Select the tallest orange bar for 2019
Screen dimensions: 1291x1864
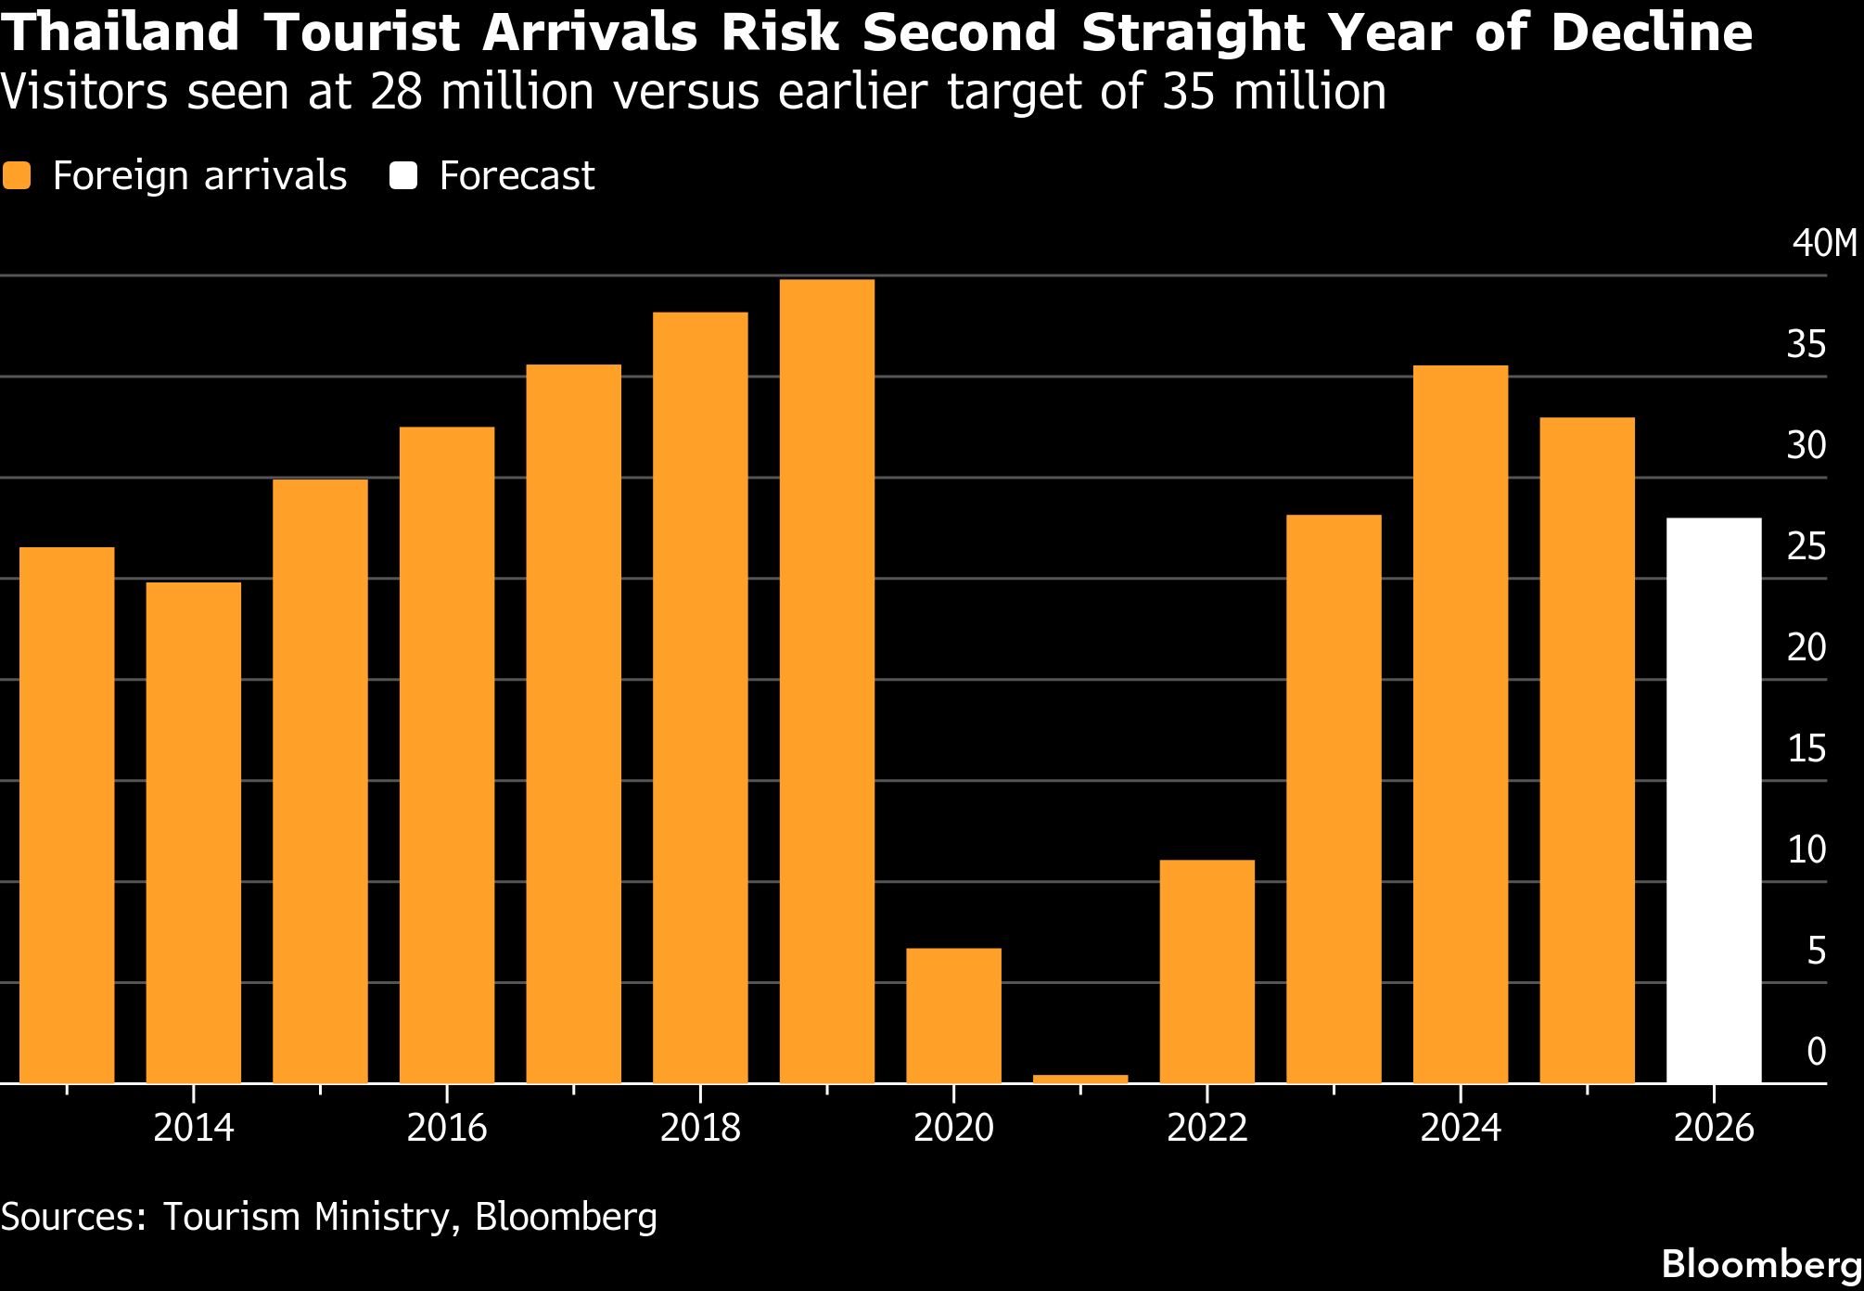pos(827,681)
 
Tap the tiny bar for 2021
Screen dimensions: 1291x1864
pos(1080,1079)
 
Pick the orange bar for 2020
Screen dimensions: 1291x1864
pos(953,1015)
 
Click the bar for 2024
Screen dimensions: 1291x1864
pos(1461,723)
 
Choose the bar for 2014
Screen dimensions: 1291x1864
pos(194,832)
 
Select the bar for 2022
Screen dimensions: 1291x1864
pos(1207,971)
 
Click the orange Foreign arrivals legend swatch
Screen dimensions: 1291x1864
pos(17,176)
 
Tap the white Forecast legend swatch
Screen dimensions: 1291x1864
pos(403,176)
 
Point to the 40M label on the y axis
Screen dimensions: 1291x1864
pos(1824,244)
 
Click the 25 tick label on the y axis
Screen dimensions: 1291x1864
pos(1807,547)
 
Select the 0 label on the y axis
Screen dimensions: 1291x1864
pos(1817,1052)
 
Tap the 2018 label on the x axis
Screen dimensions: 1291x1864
pos(700,1129)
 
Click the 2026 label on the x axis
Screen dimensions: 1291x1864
pos(1714,1129)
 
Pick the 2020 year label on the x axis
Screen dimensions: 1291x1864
pos(953,1129)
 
